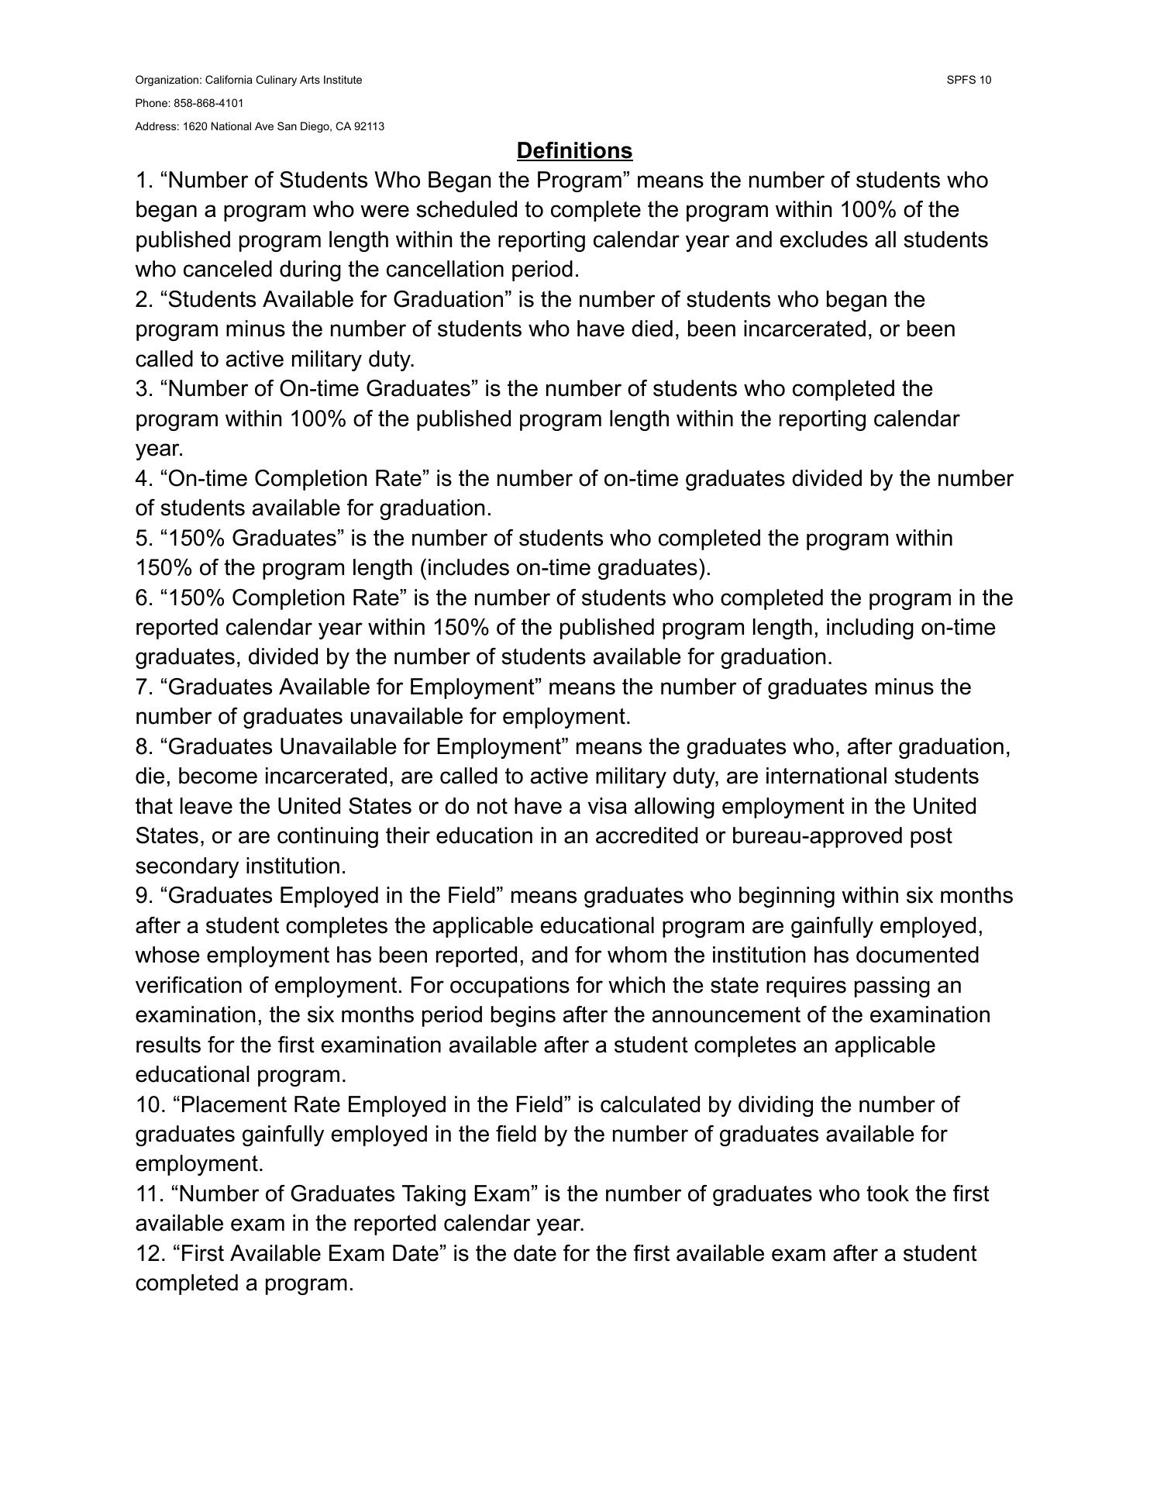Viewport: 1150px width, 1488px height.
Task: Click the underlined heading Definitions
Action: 574,150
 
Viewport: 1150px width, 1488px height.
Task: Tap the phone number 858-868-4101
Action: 208,103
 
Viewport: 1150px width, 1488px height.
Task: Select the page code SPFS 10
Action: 969,80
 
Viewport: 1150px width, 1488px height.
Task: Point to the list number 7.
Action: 143,687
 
